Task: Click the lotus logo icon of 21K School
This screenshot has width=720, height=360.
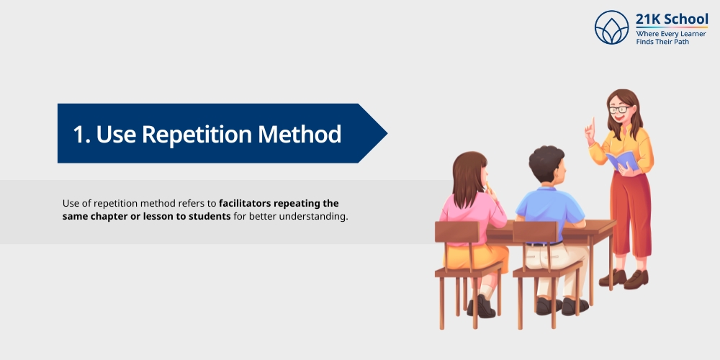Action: [x=612, y=27]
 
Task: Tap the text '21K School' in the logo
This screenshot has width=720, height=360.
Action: [x=672, y=19]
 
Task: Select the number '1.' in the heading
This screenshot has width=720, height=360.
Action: [x=81, y=134]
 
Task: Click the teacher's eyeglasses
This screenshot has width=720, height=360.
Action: [x=620, y=109]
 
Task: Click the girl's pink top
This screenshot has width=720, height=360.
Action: [x=472, y=212]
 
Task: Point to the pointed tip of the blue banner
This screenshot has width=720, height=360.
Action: [x=386, y=133]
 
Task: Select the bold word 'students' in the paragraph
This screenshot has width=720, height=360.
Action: [x=211, y=216]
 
